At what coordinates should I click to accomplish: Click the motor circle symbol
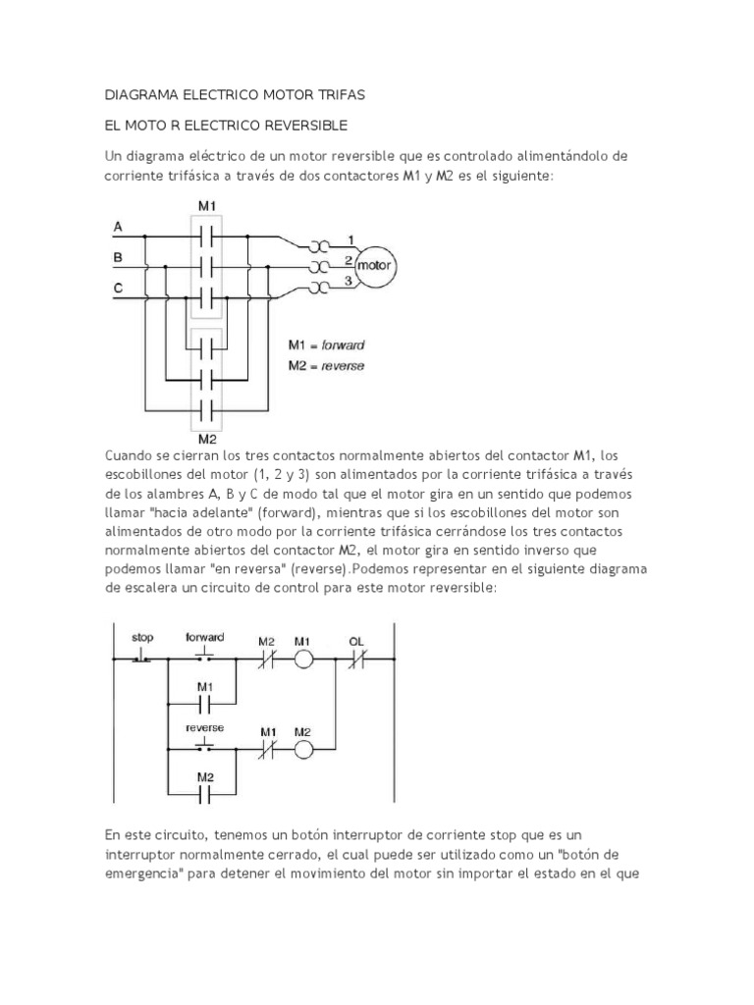[373, 265]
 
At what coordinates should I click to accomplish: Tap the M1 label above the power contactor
[206, 206]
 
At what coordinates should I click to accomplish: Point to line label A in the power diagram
[119, 227]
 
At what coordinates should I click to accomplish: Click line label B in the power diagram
[119, 257]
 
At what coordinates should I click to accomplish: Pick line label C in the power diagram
[119, 288]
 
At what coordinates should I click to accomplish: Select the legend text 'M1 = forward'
[326, 345]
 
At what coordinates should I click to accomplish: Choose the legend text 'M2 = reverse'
[326, 366]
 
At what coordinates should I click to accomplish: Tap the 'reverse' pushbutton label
[205, 728]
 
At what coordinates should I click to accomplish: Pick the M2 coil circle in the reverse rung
[304, 751]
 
